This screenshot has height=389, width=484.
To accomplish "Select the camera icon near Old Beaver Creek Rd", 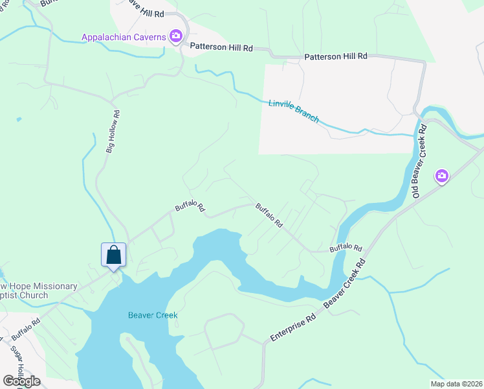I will (442, 175).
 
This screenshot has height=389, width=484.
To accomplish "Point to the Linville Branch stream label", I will (294, 112).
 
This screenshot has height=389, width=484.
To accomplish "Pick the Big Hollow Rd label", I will (113, 131).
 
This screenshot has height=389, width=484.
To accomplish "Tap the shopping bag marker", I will (113, 254).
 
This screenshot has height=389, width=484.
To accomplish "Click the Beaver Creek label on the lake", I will (152, 316).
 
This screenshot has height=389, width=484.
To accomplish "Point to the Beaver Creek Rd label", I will (345, 283).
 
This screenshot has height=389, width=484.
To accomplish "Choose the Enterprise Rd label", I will (292, 328).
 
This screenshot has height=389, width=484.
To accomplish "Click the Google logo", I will (22, 381).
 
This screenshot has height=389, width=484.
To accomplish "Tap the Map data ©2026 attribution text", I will (456, 383).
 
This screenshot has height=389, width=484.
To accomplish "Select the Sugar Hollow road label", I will (17, 364).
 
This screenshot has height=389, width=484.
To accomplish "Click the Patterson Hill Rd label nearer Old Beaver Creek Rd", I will (336, 56).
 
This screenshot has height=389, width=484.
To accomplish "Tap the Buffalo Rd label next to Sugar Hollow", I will (26, 329).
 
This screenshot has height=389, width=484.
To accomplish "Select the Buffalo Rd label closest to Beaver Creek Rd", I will (346, 248).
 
